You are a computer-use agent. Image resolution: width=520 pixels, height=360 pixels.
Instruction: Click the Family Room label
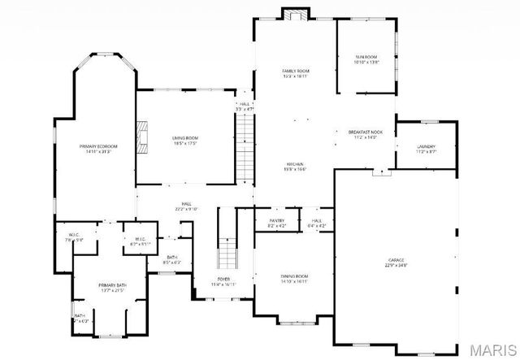295,73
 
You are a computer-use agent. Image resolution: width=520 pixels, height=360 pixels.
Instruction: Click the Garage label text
396,259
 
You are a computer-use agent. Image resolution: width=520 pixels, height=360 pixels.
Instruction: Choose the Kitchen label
294,166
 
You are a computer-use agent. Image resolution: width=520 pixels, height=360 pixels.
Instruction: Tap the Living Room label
184,138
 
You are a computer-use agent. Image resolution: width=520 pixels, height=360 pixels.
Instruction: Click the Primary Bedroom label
95,148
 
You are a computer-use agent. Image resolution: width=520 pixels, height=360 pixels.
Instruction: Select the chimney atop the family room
296,14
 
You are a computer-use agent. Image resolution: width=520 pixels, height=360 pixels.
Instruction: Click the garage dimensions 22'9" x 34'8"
396,264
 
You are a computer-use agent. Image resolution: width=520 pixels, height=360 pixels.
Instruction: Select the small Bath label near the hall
171,259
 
